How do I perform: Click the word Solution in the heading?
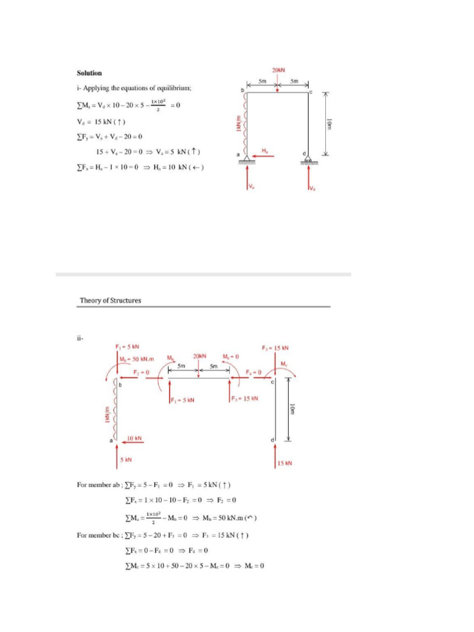89,73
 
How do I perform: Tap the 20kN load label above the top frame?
278,70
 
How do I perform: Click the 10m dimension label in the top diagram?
330,124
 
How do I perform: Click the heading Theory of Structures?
110,301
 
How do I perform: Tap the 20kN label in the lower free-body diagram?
199,357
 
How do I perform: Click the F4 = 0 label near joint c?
254,372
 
